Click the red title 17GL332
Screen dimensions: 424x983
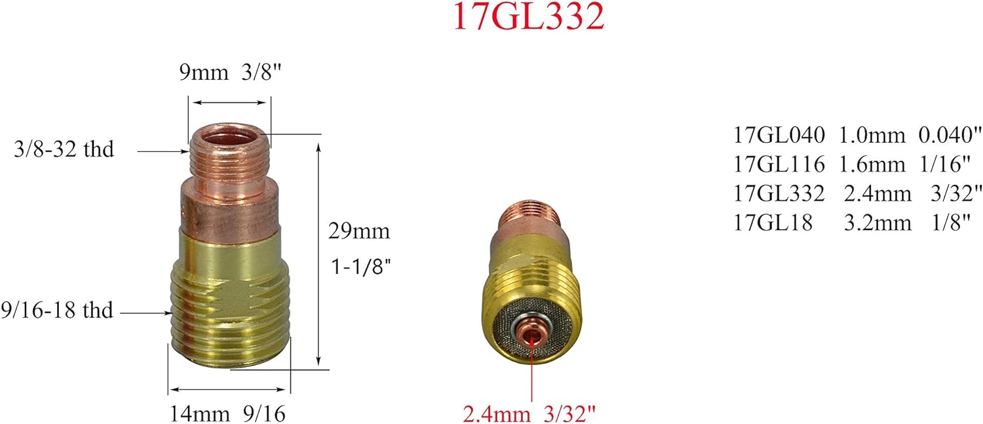tap(528, 18)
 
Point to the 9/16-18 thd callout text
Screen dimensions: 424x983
tap(57, 309)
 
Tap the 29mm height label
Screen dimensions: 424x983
tap(359, 231)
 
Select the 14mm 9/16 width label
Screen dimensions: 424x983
tap(229, 414)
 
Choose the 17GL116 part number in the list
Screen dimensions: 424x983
tap(780, 164)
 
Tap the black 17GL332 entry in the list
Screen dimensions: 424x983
tap(780, 194)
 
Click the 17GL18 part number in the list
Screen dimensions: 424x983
tap(773, 223)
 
